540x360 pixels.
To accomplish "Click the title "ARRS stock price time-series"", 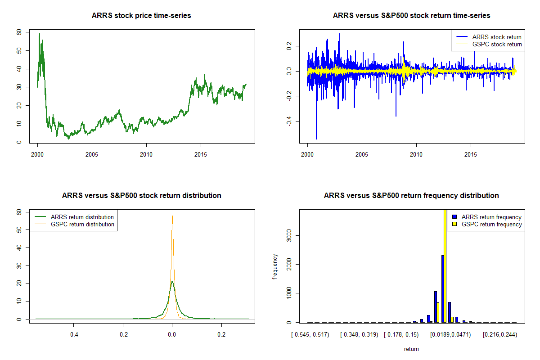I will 141,16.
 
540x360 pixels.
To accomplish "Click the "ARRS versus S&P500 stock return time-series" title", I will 411,16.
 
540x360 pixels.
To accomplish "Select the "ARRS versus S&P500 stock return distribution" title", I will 141,196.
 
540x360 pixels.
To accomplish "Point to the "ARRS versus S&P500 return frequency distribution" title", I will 411,196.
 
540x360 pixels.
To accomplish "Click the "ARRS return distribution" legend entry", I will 82,217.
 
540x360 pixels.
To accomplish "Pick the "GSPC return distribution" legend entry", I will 82,224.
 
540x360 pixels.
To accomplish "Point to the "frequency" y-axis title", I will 275,267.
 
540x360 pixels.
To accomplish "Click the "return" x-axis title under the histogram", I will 411,349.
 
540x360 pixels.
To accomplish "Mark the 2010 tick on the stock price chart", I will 146,154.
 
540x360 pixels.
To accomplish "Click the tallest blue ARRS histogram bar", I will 443,288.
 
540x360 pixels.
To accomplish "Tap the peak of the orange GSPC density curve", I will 172,216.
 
